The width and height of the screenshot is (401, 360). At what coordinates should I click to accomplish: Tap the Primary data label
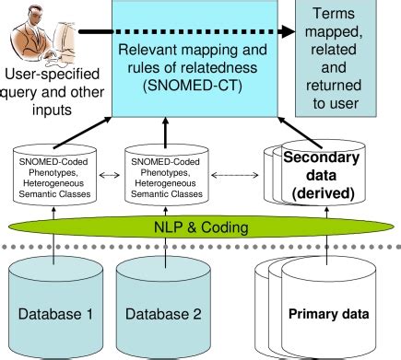(329, 313)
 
